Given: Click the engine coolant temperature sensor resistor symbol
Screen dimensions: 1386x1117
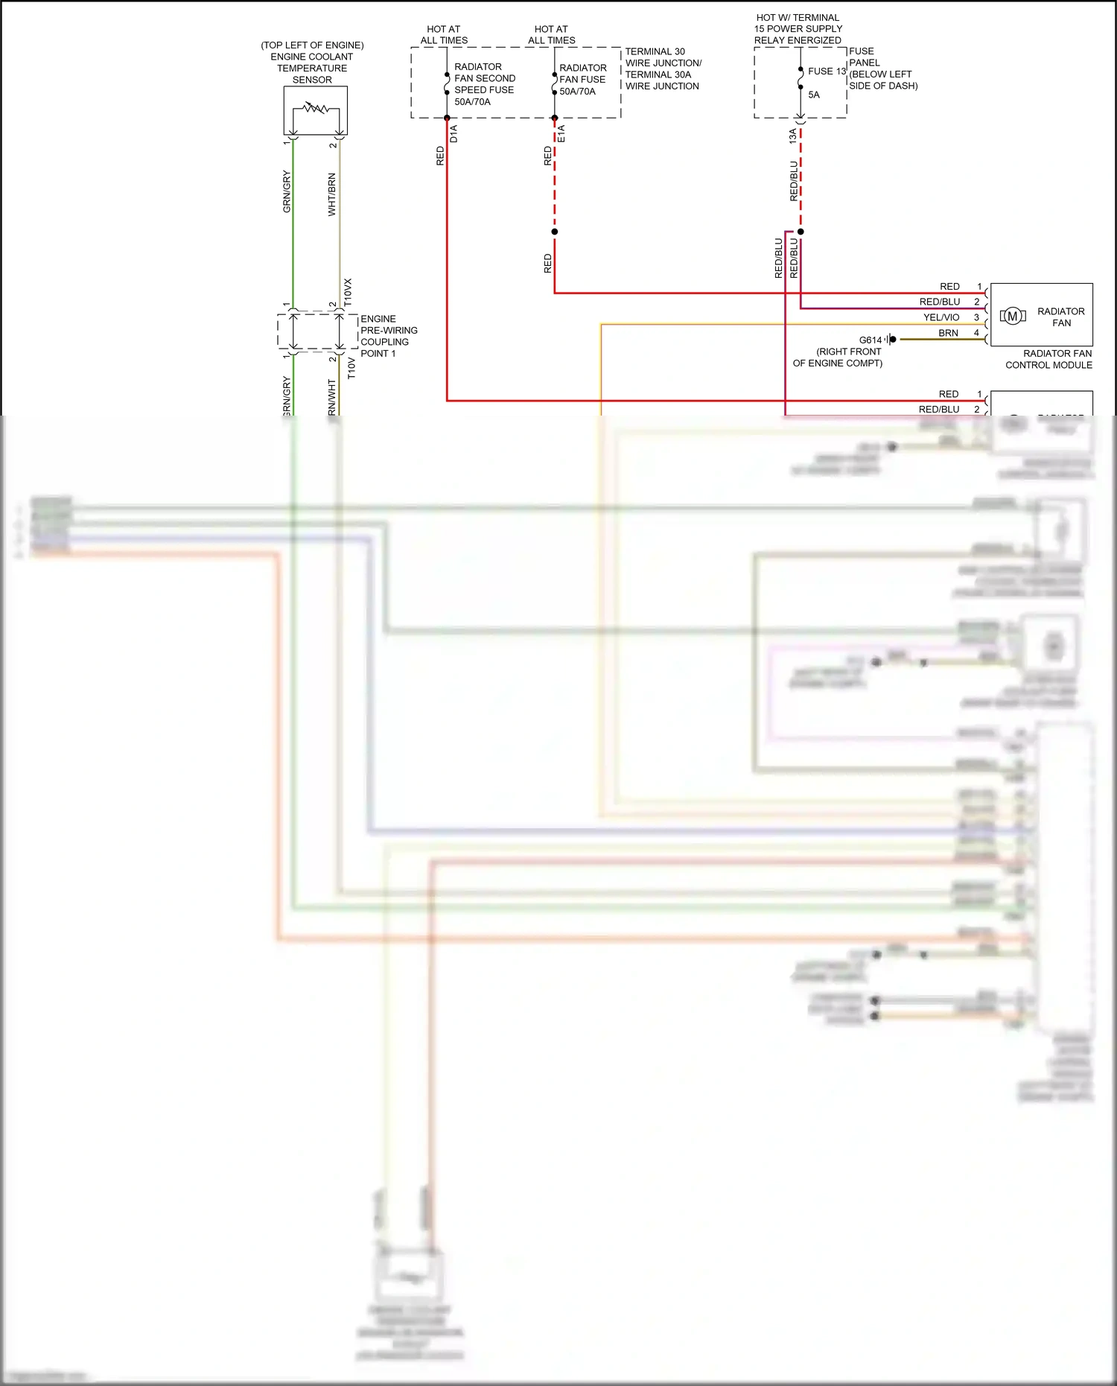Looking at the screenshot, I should (x=316, y=109).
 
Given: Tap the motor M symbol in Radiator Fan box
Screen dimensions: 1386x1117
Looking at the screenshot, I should (x=1013, y=317).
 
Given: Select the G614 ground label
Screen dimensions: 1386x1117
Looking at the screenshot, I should (x=870, y=340).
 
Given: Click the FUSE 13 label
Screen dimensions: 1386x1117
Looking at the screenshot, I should (x=827, y=71).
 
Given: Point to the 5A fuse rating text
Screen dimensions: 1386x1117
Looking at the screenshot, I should (x=814, y=95).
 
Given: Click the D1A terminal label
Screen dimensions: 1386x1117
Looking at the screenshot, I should (x=454, y=134).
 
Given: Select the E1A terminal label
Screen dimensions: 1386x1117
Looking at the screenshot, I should (x=561, y=134).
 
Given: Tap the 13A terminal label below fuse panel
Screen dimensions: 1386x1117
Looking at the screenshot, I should (x=793, y=136).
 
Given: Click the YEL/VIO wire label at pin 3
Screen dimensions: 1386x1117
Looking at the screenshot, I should (x=941, y=317).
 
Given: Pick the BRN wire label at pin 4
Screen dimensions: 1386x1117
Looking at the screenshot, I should (x=948, y=333).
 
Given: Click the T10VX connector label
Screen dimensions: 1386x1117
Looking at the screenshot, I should (x=348, y=293).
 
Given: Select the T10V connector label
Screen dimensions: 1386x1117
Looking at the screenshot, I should (x=351, y=368).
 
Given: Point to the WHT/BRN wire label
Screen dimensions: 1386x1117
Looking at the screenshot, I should (x=332, y=194).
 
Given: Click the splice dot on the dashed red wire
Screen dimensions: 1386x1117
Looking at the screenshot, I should (x=555, y=232).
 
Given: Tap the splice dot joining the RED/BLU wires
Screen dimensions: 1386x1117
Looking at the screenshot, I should (x=801, y=232).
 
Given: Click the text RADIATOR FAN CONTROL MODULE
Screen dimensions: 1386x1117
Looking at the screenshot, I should (x=1049, y=359).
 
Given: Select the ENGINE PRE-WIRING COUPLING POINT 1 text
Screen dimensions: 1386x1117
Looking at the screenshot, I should (x=388, y=336).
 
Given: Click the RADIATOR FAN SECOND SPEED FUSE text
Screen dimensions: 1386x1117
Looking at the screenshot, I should (x=484, y=84).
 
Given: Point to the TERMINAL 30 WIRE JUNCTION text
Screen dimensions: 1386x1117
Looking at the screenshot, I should (x=662, y=69).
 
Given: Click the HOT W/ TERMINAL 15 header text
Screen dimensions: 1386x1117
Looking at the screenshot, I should (x=798, y=28).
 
